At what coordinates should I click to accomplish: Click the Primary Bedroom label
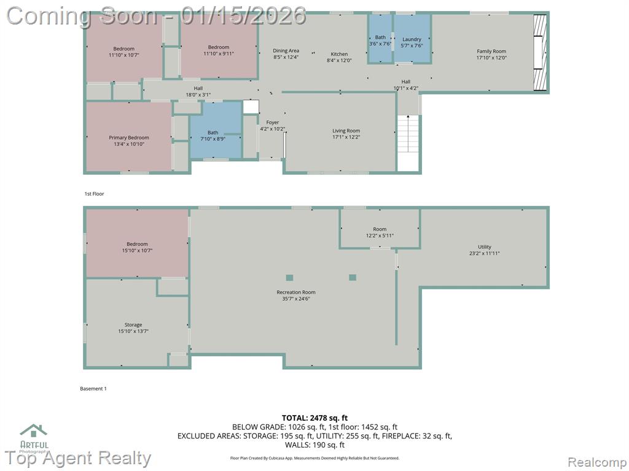click(129, 137)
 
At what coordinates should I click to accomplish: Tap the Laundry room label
click(412, 39)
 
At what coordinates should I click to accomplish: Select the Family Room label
click(491, 52)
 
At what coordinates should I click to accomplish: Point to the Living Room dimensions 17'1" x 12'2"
click(346, 137)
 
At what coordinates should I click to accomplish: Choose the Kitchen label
click(339, 54)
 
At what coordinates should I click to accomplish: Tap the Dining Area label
click(286, 51)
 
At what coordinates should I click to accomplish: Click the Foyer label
click(272, 123)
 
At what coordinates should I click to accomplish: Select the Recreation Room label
click(296, 293)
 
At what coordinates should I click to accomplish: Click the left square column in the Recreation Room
click(290, 278)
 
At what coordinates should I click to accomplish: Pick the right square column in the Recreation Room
click(353, 277)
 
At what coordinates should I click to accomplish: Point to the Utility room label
click(485, 247)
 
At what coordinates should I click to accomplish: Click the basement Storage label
click(133, 325)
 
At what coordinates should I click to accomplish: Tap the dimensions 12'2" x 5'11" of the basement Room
click(380, 235)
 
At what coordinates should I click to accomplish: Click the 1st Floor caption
click(94, 194)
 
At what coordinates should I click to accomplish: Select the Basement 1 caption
click(93, 388)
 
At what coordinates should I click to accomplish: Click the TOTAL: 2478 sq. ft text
click(315, 418)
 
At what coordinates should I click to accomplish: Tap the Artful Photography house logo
click(34, 431)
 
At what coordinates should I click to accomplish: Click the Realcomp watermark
click(596, 462)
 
